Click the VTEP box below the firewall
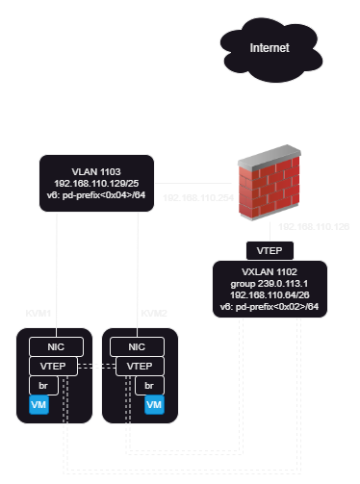click(x=265, y=249)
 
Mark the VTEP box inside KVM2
click(x=141, y=367)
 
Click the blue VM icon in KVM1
click(x=39, y=406)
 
